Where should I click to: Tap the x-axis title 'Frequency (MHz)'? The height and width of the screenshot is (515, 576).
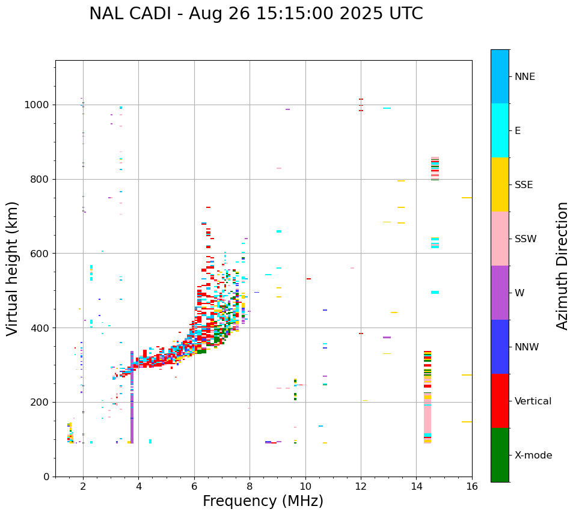click(x=263, y=501)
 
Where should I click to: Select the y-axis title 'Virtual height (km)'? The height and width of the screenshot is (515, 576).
click(x=13, y=269)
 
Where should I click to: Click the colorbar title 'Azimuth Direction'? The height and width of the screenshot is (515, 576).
click(x=562, y=266)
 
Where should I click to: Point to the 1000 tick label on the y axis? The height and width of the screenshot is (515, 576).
click(x=37, y=105)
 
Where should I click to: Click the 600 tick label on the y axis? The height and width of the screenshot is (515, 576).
click(x=40, y=254)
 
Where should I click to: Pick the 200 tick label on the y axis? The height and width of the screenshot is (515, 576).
click(x=40, y=402)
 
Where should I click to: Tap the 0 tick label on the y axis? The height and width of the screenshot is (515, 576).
click(x=46, y=477)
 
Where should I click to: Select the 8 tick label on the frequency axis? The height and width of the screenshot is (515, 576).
click(x=250, y=486)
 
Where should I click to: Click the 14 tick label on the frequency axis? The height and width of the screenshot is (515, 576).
click(x=416, y=486)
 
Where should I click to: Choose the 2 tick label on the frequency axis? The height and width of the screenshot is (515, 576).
click(x=83, y=486)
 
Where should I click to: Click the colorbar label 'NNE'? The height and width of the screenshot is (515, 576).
click(x=524, y=77)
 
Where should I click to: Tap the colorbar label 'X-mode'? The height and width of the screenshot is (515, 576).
click(x=533, y=456)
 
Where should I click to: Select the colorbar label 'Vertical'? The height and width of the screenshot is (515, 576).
click(x=533, y=401)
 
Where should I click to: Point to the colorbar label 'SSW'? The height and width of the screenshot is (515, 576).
click(x=525, y=239)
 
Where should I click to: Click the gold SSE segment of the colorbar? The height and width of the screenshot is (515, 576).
click(x=500, y=184)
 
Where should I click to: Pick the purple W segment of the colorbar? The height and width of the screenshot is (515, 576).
click(x=500, y=293)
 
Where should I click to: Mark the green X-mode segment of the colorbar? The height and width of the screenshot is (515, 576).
click(x=500, y=455)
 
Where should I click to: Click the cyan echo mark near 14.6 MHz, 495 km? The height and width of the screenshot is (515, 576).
click(x=435, y=292)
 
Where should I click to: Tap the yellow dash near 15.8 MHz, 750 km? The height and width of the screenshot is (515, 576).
click(x=467, y=198)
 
